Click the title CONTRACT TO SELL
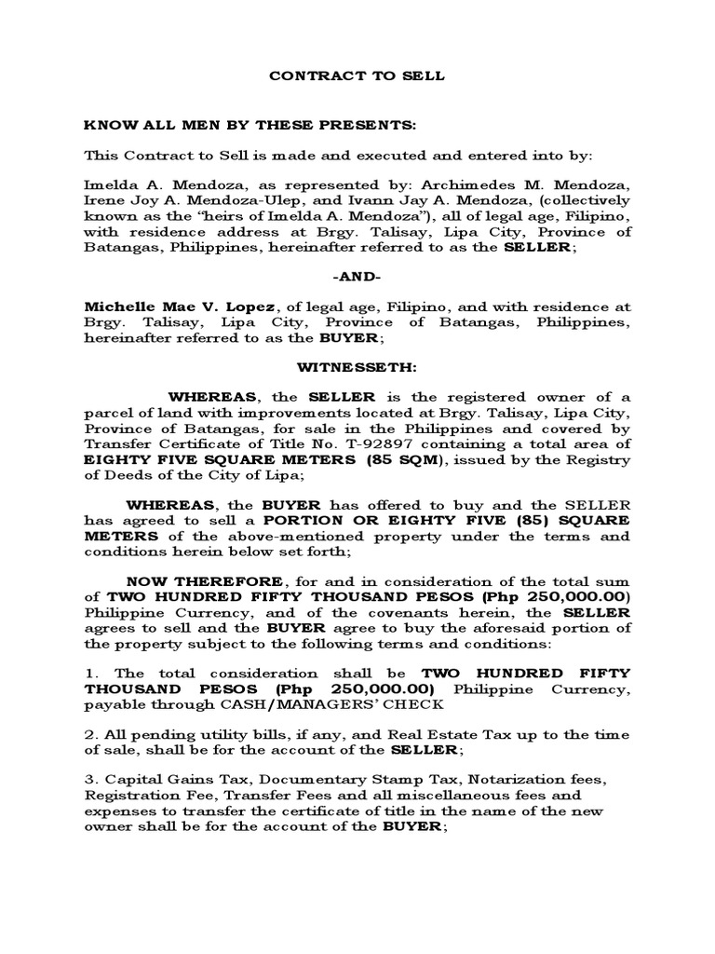pos(357,76)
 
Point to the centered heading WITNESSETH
pos(357,368)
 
